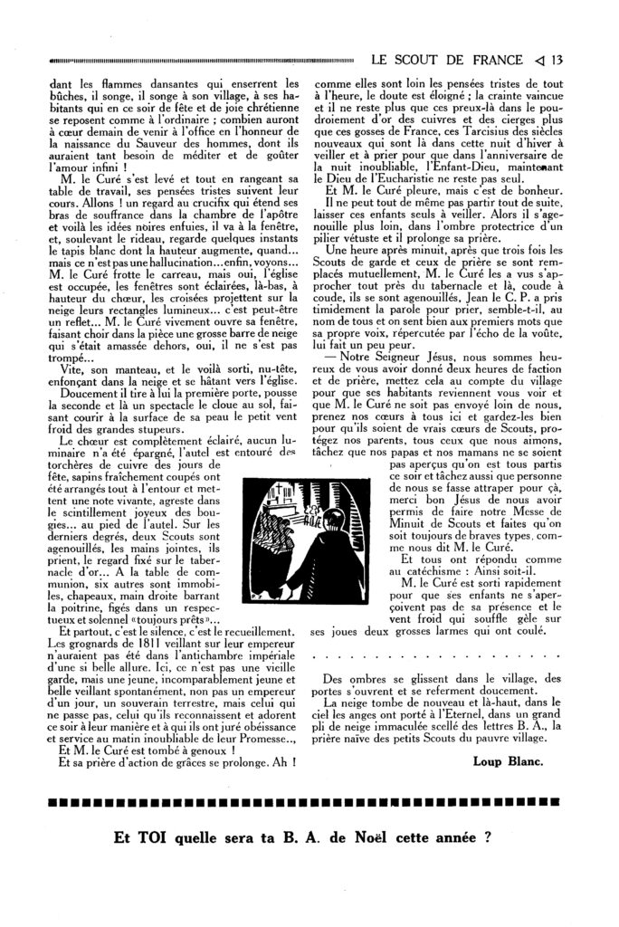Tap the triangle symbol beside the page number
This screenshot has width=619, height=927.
click(x=536, y=62)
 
